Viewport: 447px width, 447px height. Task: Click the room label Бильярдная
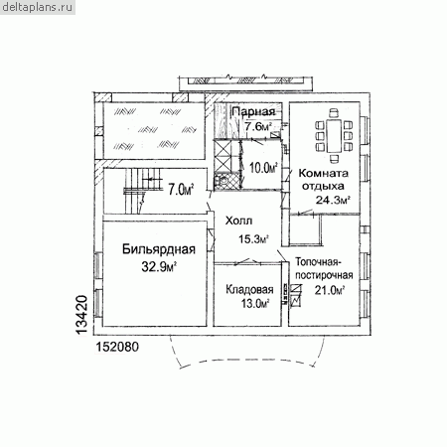159,249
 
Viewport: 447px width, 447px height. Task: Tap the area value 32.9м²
159,266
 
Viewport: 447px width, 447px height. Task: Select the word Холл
238,221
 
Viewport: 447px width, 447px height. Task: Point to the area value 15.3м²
253,238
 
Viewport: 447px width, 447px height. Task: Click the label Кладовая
249,290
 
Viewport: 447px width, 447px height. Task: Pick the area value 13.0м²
255,303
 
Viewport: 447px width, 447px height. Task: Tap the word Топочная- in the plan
318,262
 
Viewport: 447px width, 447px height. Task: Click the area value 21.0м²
330,290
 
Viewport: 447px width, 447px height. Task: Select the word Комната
324,173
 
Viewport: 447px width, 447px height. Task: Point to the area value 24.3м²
333,200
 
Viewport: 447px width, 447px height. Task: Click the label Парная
253,111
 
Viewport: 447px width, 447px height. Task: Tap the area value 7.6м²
258,126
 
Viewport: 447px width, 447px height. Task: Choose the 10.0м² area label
263,168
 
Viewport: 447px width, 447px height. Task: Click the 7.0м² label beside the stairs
181,190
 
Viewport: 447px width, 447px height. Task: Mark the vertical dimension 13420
81,315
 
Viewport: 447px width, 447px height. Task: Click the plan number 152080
117,347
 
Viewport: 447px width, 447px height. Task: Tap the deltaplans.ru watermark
37,7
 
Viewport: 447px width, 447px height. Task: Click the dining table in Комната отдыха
334,136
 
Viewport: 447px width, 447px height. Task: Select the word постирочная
324,275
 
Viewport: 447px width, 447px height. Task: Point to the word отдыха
323,187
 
